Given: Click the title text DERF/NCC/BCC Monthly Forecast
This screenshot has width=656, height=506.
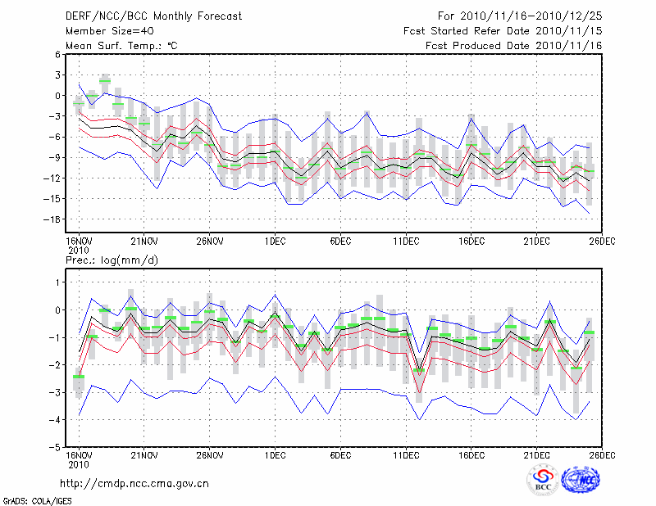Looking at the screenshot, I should click(153, 16).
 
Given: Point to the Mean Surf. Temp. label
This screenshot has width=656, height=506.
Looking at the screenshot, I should click(121, 46).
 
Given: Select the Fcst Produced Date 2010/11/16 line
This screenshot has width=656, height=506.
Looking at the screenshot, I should click(514, 46).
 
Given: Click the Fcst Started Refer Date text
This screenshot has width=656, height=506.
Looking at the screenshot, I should click(503, 30).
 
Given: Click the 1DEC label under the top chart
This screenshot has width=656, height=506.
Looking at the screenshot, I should click(275, 242).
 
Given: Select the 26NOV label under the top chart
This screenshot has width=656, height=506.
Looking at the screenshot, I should click(210, 242).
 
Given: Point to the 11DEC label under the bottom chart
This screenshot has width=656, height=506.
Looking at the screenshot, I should click(406, 454).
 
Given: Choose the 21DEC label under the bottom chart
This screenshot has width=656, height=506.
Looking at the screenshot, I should click(537, 454).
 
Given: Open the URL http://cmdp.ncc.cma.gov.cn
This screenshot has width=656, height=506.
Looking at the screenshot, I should click(135, 483).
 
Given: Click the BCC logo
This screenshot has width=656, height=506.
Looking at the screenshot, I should click(543, 481).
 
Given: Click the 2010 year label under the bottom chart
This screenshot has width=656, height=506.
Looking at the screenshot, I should click(78, 463).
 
